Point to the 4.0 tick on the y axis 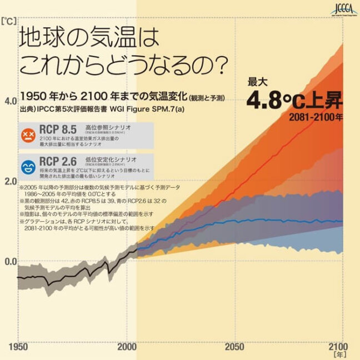pos(11,102)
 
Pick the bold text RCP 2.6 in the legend pos(57,162)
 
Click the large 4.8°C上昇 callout pos(295,102)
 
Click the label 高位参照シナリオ pos(108,127)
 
